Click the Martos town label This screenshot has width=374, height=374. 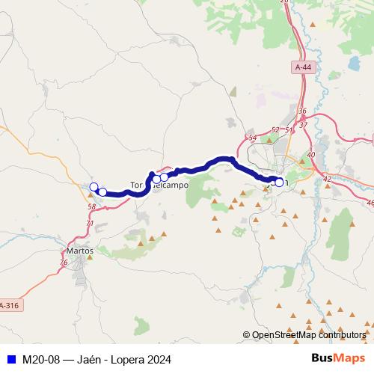[x=80, y=251]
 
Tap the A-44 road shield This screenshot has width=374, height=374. [x=302, y=68]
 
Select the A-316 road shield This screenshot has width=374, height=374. [x=9, y=305]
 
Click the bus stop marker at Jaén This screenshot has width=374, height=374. [x=280, y=182]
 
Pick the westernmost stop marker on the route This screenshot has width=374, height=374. [x=93, y=187]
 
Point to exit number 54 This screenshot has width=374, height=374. [x=252, y=138]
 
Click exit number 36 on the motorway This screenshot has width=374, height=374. [x=302, y=111]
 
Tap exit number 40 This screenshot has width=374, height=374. [x=311, y=154]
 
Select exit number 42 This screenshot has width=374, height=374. [x=327, y=179]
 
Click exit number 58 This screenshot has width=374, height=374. [x=91, y=206]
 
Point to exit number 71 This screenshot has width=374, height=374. [x=90, y=223]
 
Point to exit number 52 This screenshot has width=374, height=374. [x=275, y=130]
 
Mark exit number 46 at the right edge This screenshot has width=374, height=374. [x=370, y=202]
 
